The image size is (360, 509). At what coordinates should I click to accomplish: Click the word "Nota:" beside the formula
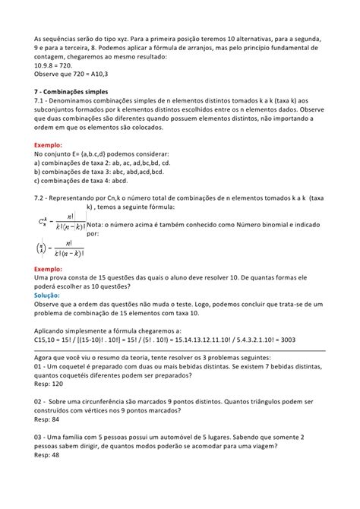click(x=98, y=226)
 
